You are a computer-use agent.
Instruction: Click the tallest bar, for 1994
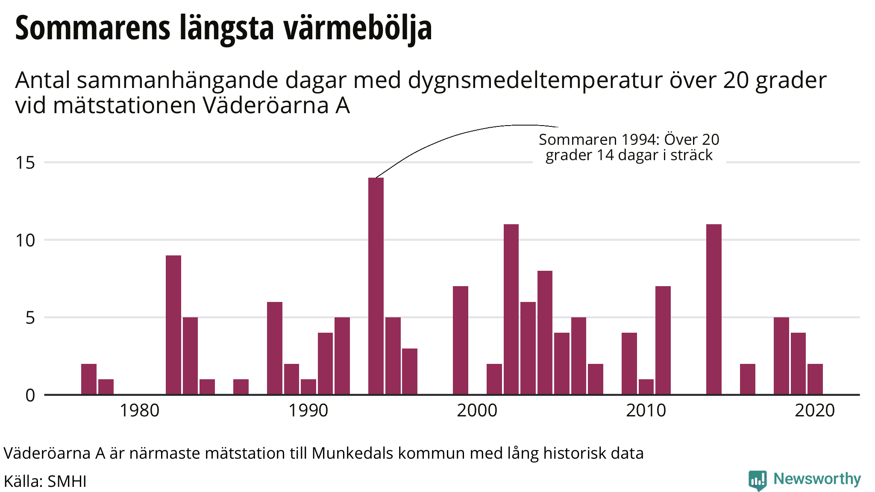(x=376, y=286)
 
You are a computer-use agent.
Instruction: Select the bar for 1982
(x=173, y=325)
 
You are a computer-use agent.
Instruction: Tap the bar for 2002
(x=511, y=309)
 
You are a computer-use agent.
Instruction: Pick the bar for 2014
(x=714, y=309)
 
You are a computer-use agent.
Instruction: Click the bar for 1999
(x=461, y=340)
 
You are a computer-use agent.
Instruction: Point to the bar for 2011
(x=663, y=340)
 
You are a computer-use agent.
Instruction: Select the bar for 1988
(x=275, y=348)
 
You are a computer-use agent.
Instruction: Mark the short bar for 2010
(x=646, y=387)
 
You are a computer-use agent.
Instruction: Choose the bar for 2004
(x=545, y=333)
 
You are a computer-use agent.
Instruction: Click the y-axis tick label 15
(x=25, y=163)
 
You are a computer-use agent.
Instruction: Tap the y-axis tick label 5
(x=30, y=318)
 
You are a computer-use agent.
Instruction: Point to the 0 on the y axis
(x=30, y=395)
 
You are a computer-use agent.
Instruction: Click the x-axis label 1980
(x=139, y=411)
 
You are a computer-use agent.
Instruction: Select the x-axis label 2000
(x=477, y=411)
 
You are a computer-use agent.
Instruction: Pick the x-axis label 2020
(x=814, y=411)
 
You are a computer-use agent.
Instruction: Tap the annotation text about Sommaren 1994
(x=629, y=147)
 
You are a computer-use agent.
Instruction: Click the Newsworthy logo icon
(x=758, y=480)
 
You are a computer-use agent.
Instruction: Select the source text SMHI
(x=67, y=481)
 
